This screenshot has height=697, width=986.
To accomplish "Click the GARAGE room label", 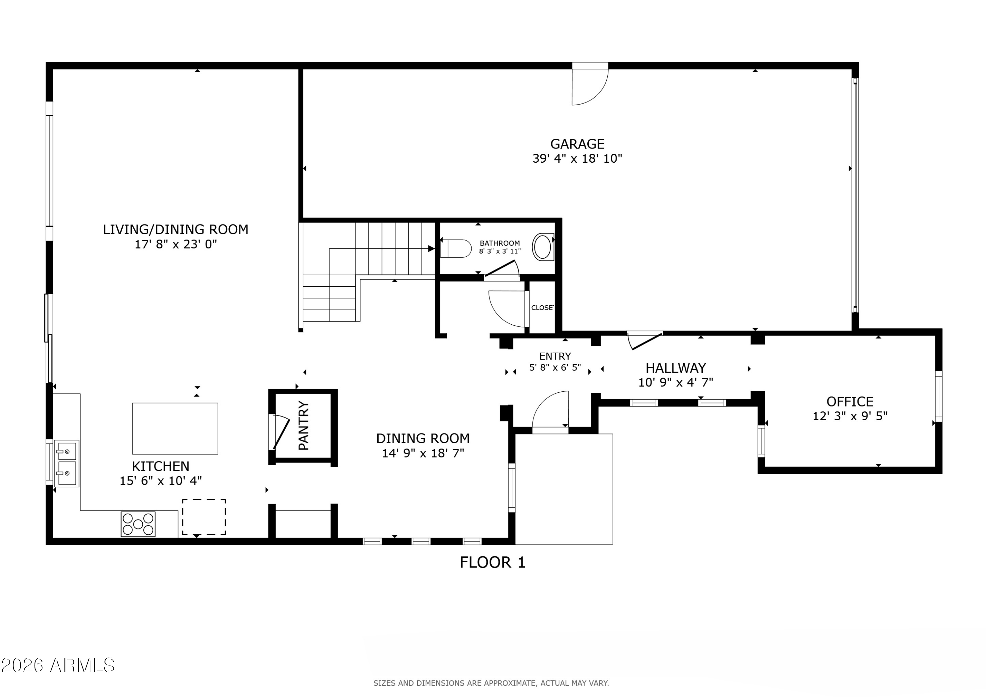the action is (x=577, y=144).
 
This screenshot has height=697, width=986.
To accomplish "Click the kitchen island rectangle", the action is (x=175, y=429).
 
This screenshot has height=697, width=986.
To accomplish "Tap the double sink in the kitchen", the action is (x=67, y=463).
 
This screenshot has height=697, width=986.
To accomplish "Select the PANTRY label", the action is (x=304, y=426).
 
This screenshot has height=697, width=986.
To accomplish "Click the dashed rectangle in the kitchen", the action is (x=204, y=517).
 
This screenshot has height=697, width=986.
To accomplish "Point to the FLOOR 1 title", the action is (x=493, y=563).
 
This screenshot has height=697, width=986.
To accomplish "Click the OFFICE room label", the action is (x=850, y=402).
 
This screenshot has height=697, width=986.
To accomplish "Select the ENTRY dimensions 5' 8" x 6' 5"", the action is (x=555, y=368).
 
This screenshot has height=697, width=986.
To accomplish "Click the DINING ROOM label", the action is (x=423, y=438).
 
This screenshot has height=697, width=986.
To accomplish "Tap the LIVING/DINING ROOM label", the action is (x=176, y=230).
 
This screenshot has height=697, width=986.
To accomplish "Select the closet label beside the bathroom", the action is (x=542, y=308).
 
